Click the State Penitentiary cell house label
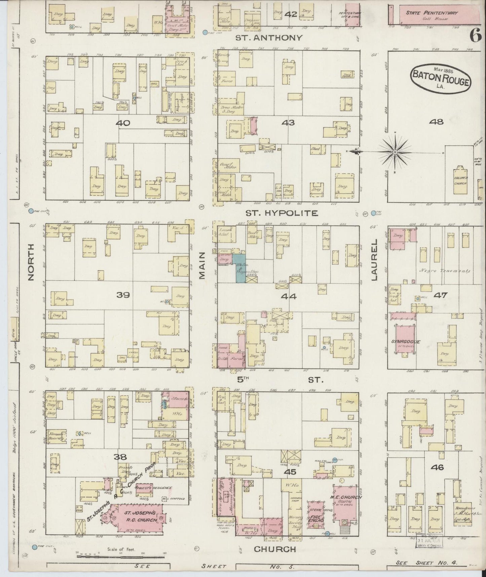coord(432,15)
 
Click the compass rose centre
coord(395,152)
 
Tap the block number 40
coord(123,123)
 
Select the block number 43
coord(288,123)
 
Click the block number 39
coord(123,295)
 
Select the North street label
coord(31,262)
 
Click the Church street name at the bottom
coord(275,549)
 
